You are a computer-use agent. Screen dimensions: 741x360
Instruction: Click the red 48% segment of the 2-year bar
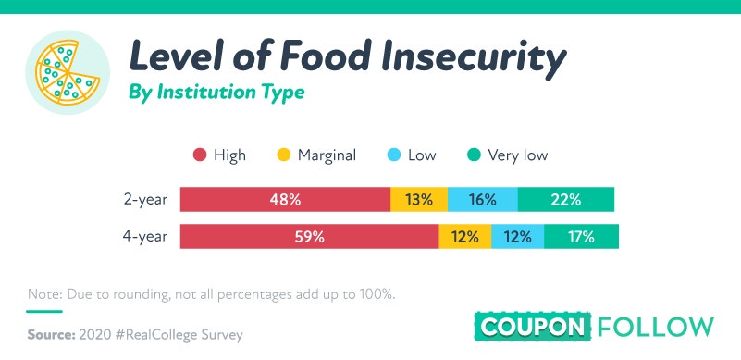(x=286, y=199)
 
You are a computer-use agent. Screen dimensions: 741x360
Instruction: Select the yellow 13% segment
(x=419, y=199)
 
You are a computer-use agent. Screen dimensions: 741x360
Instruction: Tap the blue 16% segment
(x=483, y=199)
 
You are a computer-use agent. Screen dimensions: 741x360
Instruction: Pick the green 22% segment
(x=566, y=199)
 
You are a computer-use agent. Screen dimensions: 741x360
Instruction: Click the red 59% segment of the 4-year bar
(x=310, y=236)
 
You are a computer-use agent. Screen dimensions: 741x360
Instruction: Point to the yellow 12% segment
(x=465, y=236)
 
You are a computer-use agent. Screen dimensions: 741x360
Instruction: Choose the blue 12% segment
(x=518, y=236)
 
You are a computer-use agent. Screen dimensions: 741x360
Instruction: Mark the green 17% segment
(x=581, y=236)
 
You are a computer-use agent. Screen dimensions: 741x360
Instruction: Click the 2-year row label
(x=145, y=200)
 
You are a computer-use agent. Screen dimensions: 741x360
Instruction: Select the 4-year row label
(x=145, y=236)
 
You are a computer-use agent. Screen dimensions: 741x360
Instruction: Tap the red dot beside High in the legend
(x=200, y=155)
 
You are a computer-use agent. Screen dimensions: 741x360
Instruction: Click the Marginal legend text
(x=327, y=155)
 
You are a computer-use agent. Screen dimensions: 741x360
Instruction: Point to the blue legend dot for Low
(x=394, y=155)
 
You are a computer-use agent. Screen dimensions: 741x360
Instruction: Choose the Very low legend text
(x=518, y=155)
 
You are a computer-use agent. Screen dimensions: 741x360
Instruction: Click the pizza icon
(x=68, y=72)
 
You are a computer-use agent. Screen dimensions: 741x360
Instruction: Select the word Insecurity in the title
(x=473, y=57)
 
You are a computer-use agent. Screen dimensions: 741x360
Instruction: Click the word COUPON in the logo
(x=533, y=327)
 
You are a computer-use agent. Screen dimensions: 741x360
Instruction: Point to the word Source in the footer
(x=52, y=335)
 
